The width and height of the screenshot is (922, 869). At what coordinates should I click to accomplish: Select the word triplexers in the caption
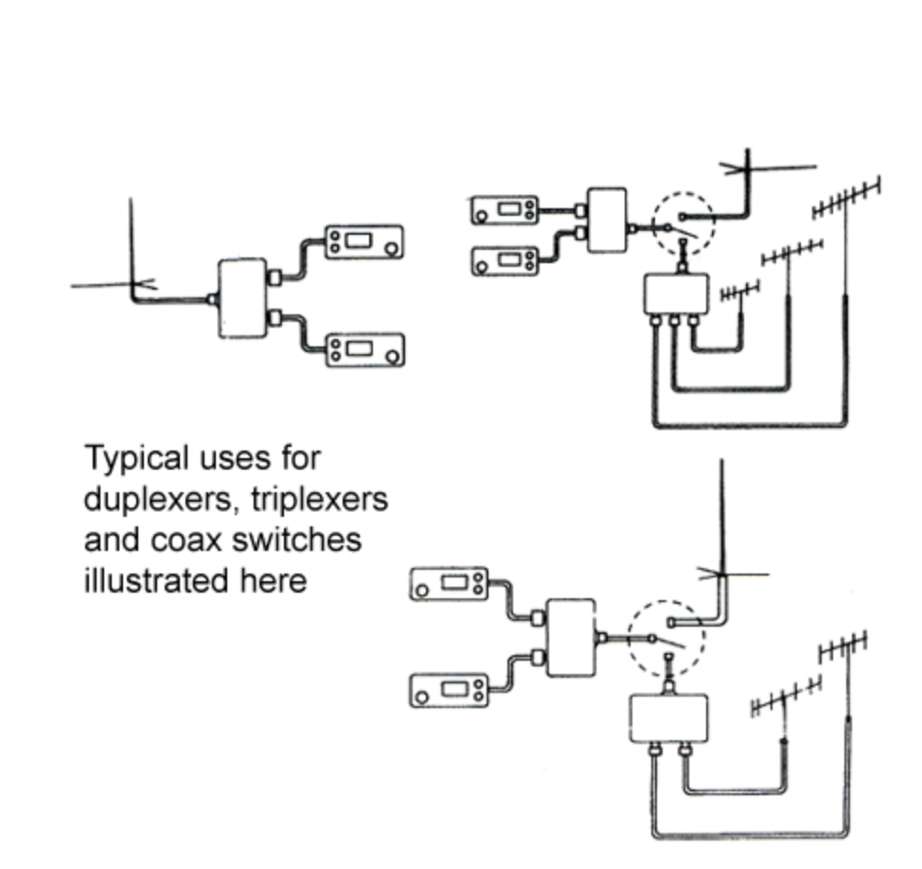coord(319,499)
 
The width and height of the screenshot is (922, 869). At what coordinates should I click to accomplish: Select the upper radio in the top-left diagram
coord(363,241)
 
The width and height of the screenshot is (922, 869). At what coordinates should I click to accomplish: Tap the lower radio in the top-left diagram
coord(363,349)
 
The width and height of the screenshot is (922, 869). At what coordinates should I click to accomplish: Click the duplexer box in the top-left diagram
coord(241,297)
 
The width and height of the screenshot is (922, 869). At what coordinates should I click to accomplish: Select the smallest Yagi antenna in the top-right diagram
coord(740,292)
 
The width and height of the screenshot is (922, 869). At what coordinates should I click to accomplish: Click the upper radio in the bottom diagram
coord(450,584)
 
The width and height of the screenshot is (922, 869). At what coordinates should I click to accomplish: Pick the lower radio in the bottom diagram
coord(450,691)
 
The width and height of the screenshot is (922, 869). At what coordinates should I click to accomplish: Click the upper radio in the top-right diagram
coord(505,210)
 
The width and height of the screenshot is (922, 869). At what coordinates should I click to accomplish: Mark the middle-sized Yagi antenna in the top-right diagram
coord(791,252)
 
